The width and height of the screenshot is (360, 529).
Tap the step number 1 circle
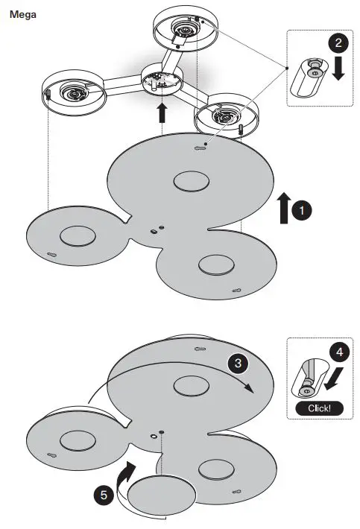[300, 212]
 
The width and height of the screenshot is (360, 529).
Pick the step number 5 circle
[104, 494]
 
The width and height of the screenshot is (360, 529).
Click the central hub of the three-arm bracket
[162, 81]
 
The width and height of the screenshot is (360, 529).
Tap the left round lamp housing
[72, 92]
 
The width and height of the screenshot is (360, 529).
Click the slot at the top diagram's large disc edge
[200, 148]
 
